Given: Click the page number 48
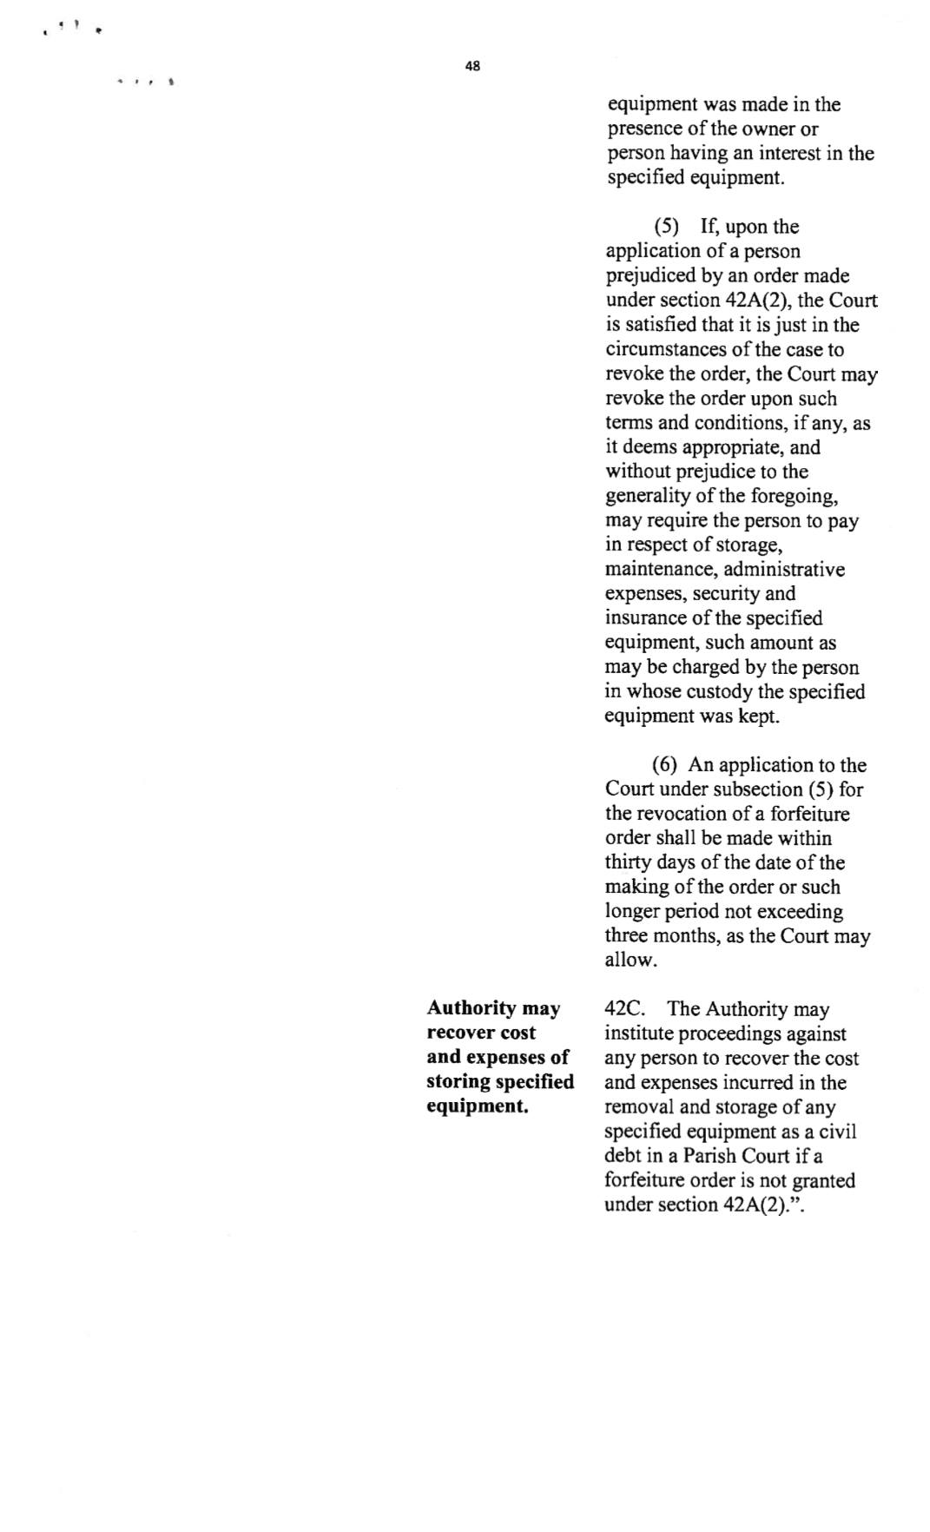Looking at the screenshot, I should point(472,66).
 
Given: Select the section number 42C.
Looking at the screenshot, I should point(623,1009).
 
